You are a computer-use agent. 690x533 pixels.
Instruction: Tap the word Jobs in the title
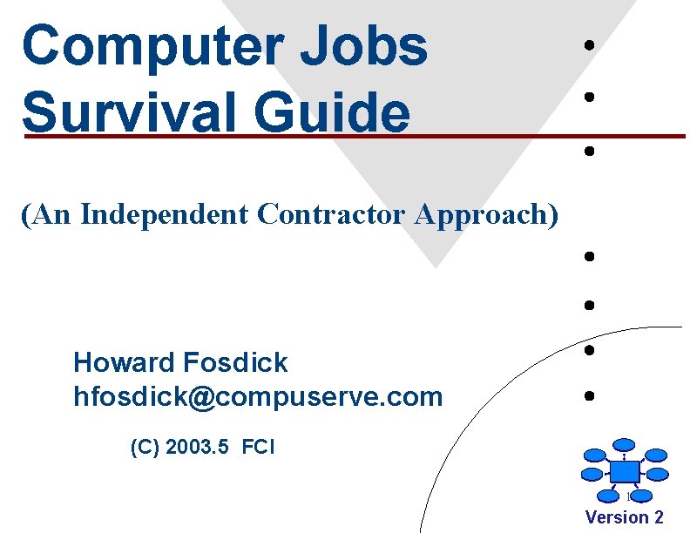[364, 47]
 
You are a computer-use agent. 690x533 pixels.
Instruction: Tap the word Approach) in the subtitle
[486, 214]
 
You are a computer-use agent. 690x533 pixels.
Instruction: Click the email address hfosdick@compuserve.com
[258, 397]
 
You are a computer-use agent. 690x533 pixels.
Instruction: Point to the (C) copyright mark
[145, 449]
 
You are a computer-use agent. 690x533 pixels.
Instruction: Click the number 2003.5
[198, 449]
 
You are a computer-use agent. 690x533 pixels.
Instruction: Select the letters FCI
[258, 449]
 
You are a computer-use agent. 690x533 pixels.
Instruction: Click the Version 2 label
[624, 517]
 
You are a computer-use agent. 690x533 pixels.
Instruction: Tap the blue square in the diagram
[624, 470]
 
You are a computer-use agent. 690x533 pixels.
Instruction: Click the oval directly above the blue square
[624, 443]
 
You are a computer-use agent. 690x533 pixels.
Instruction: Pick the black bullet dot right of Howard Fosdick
[590, 351]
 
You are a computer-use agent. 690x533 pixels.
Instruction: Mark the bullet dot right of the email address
[590, 396]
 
